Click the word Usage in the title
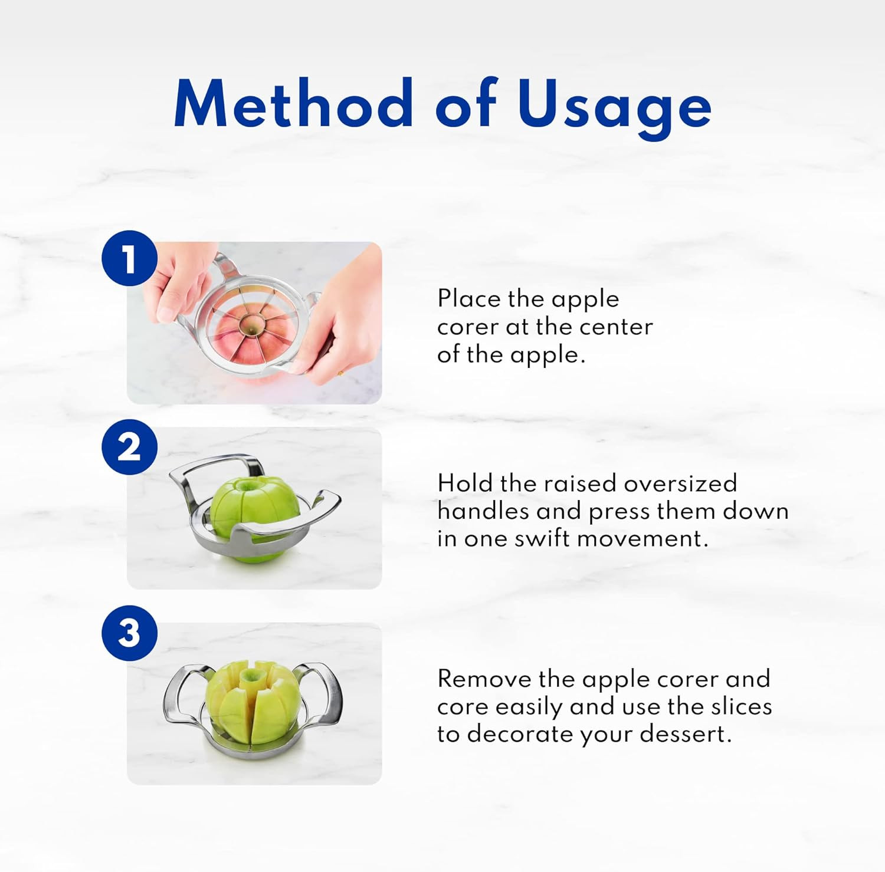[x=614, y=105]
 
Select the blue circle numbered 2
[x=129, y=447]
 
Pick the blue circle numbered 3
[x=129, y=633]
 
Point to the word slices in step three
[x=739, y=706]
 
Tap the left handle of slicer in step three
[x=180, y=696]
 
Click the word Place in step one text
[x=468, y=299]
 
